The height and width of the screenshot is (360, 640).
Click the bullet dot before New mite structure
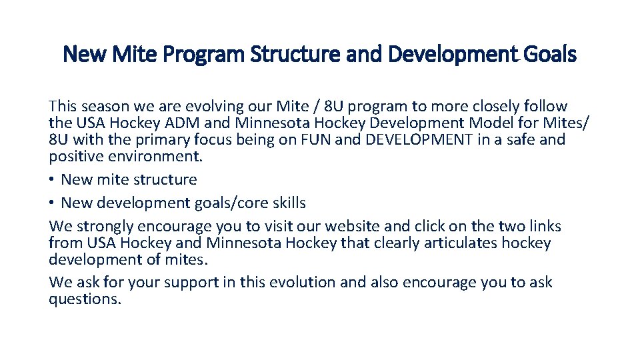[x=53, y=180]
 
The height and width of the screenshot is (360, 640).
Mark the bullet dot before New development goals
[x=53, y=203]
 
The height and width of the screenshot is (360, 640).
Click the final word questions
[x=85, y=299]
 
